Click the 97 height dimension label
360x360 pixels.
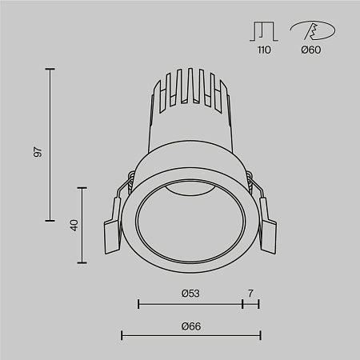tap(38, 151)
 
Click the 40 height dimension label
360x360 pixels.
tap(74, 226)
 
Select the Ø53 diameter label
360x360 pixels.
tap(190, 294)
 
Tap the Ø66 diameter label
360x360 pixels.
tap(190, 326)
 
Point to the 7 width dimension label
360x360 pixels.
tap(250, 294)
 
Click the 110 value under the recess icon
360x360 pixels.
tap(264, 50)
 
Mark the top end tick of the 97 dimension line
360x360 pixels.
tap(50, 70)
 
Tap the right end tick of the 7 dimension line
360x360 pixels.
tap(258, 304)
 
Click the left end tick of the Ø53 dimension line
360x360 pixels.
tap(138, 304)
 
